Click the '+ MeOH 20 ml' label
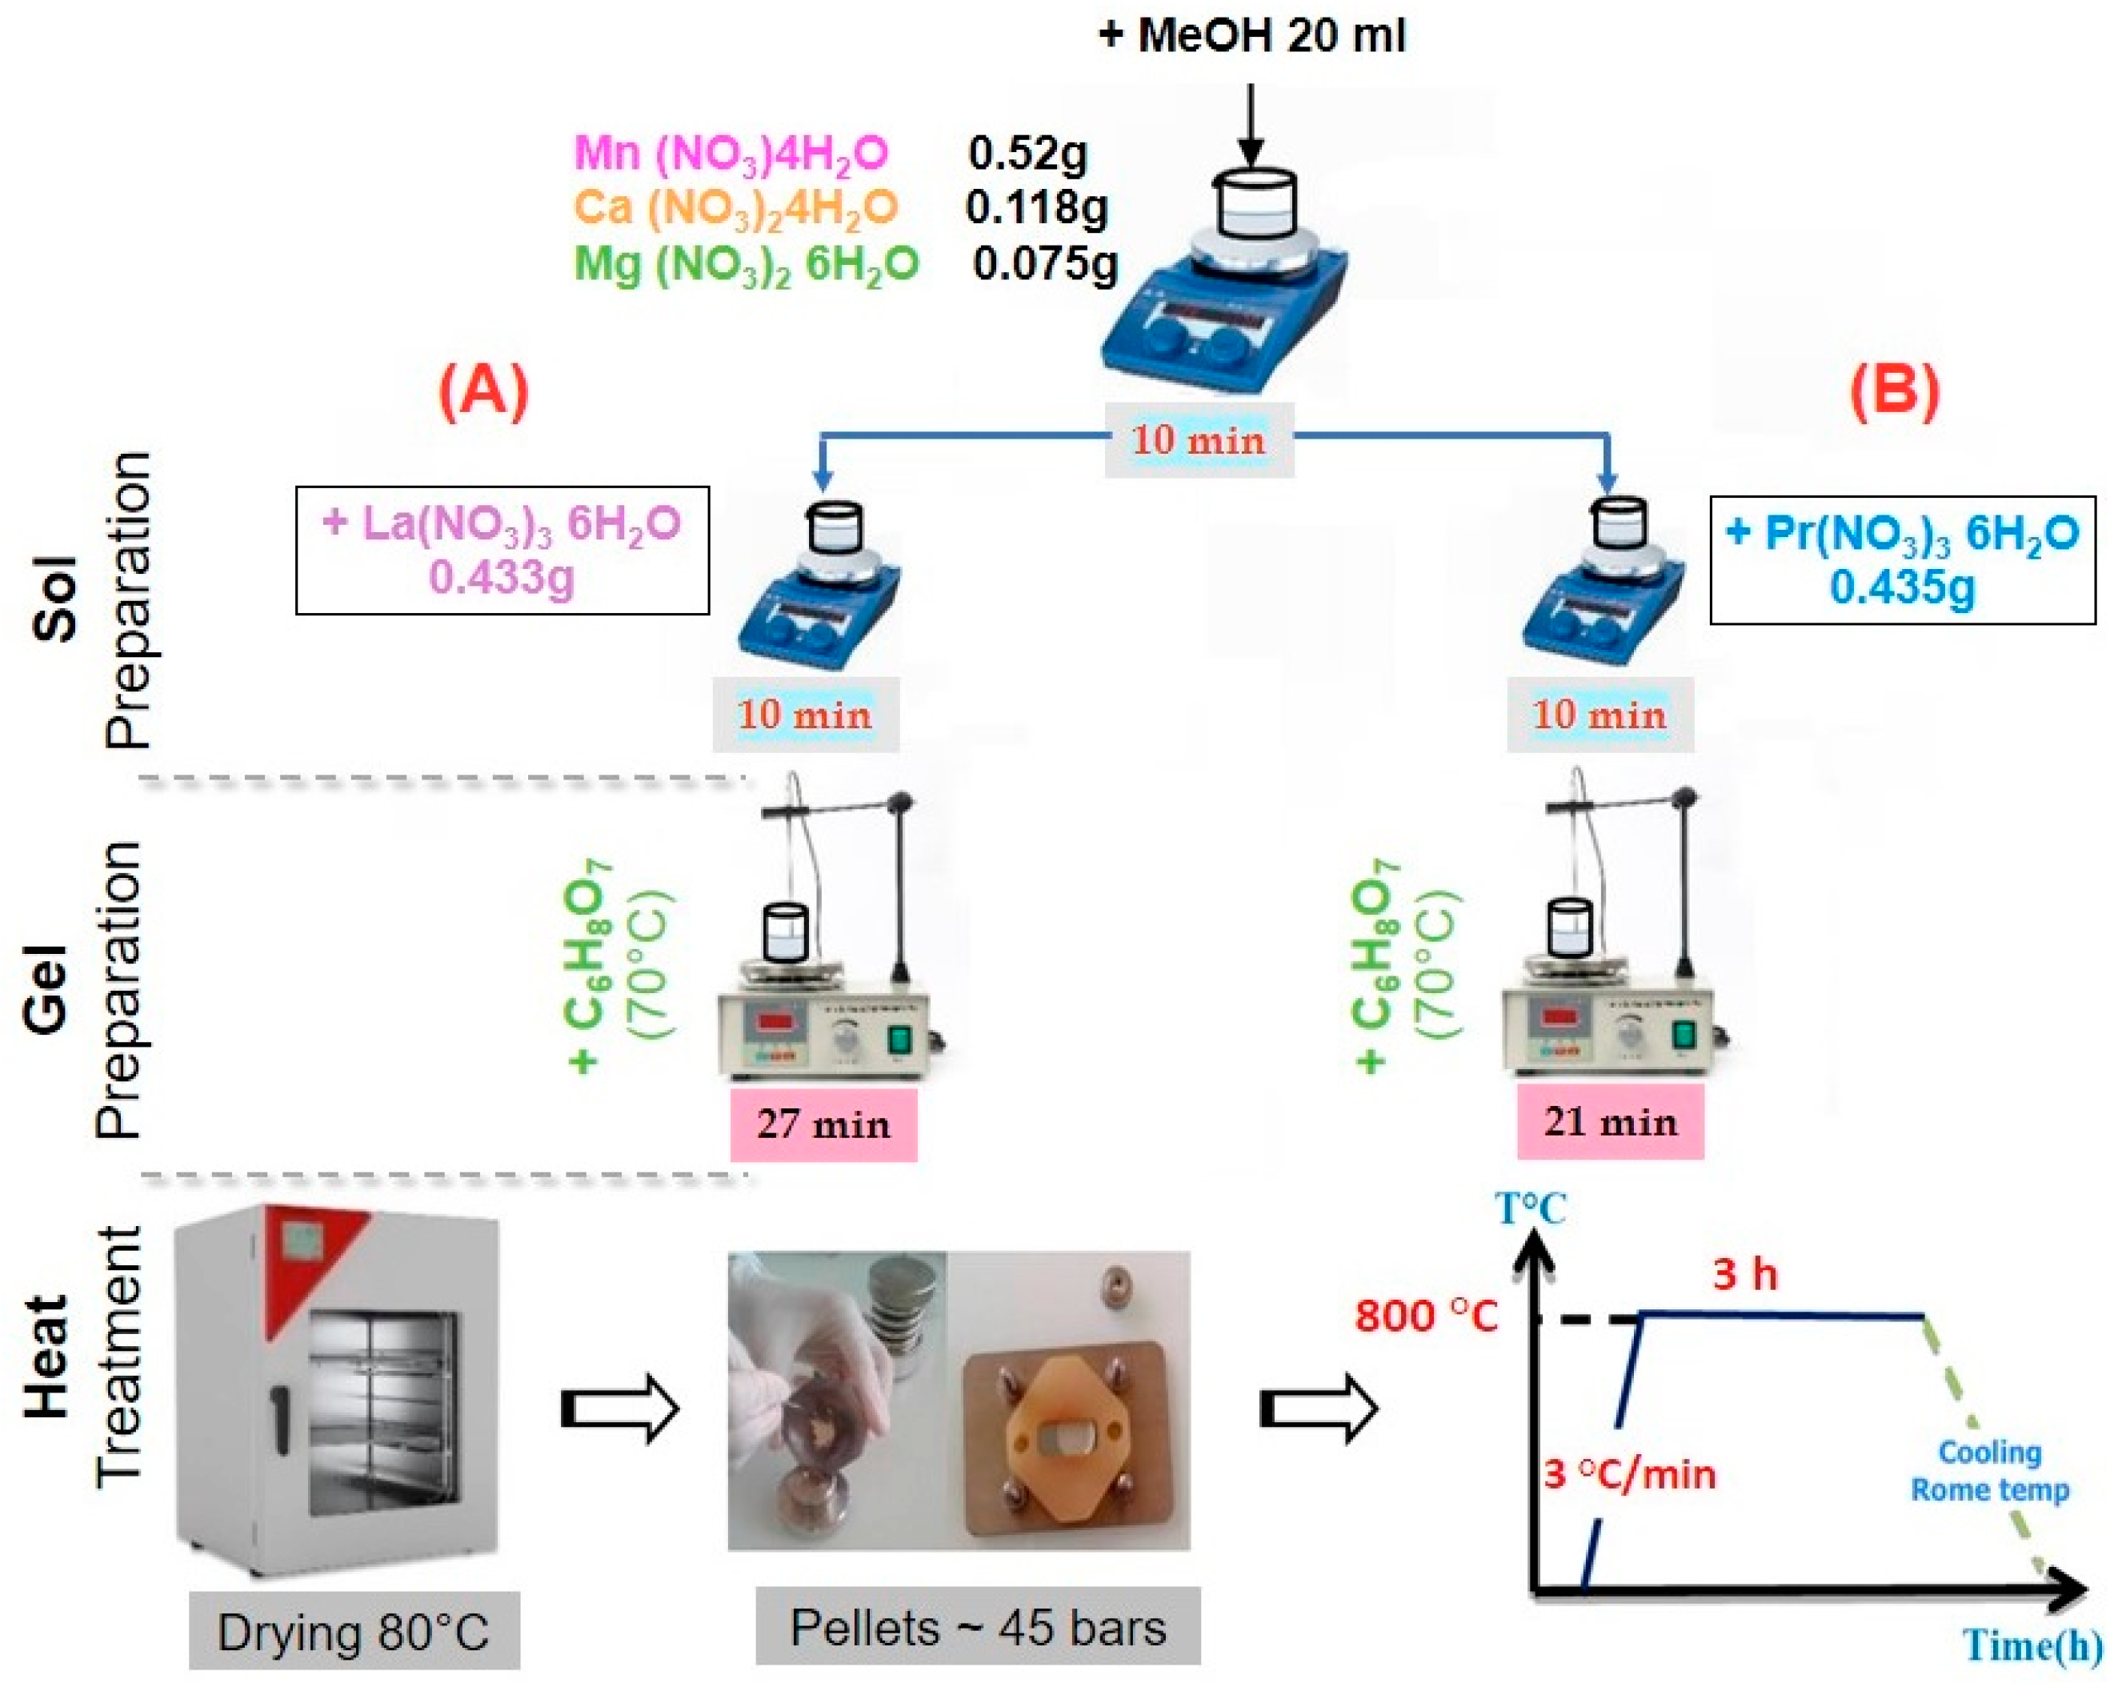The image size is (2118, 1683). click(1251, 36)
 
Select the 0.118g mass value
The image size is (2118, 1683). click(1036, 207)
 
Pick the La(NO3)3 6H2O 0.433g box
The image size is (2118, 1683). click(502, 550)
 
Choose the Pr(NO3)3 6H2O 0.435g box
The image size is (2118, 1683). click(1902, 560)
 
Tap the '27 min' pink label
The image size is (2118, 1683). click(823, 1124)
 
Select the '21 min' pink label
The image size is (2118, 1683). click(1610, 1122)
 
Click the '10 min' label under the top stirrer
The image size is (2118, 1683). click(1199, 440)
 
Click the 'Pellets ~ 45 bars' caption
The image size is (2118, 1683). click(978, 1628)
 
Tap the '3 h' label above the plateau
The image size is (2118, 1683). click(1744, 1276)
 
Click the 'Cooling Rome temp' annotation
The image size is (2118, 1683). click(1989, 1471)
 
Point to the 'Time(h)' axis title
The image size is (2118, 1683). click(2032, 1645)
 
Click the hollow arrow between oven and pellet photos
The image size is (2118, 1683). click(621, 1411)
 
